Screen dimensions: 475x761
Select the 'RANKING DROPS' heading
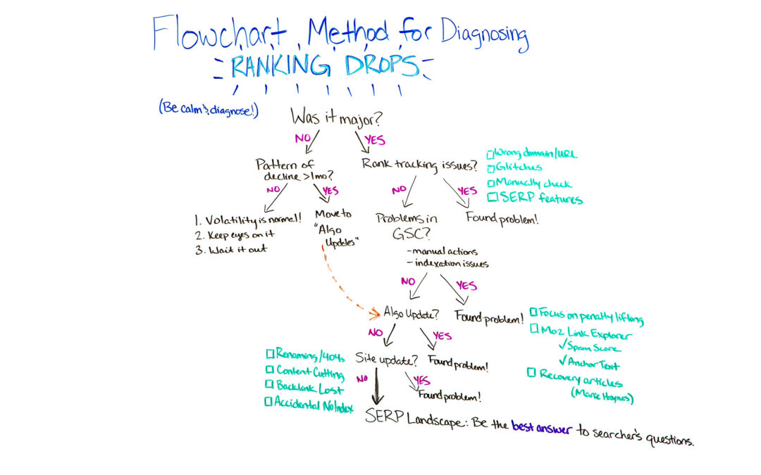pyautogui.click(x=323, y=66)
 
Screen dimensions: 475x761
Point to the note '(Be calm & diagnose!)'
pyautogui.click(x=208, y=109)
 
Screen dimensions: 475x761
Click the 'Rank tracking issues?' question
pyautogui.click(x=419, y=165)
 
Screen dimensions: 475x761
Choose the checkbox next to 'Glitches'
pyautogui.click(x=492, y=167)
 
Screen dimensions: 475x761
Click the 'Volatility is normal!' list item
pyautogui.click(x=249, y=218)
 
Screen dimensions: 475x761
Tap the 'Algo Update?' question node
pyautogui.click(x=412, y=312)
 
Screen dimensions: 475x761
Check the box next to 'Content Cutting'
pyautogui.click(x=269, y=370)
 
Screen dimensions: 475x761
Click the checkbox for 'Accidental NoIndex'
pyautogui.click(x=268, y=402)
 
